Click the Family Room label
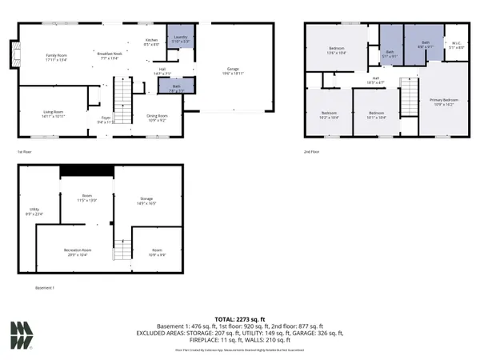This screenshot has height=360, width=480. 57,57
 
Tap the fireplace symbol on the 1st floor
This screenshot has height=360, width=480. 11,54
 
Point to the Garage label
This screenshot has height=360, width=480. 233,70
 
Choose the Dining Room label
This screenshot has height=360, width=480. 158,118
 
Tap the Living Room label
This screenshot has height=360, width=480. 53,114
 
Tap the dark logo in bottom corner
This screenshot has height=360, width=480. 22,335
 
